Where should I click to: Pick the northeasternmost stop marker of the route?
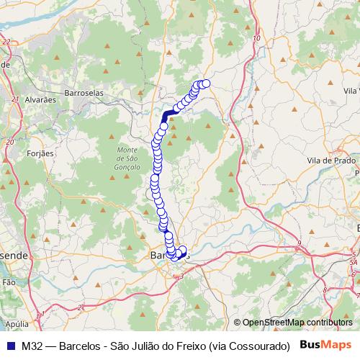coord(206,84)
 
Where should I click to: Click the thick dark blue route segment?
coord(170,115)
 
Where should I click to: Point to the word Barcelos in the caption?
coord(79,346)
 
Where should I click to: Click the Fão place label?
coord(9,284)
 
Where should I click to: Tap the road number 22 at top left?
coord(6,42)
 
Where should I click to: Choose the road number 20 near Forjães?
coord(9,141)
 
